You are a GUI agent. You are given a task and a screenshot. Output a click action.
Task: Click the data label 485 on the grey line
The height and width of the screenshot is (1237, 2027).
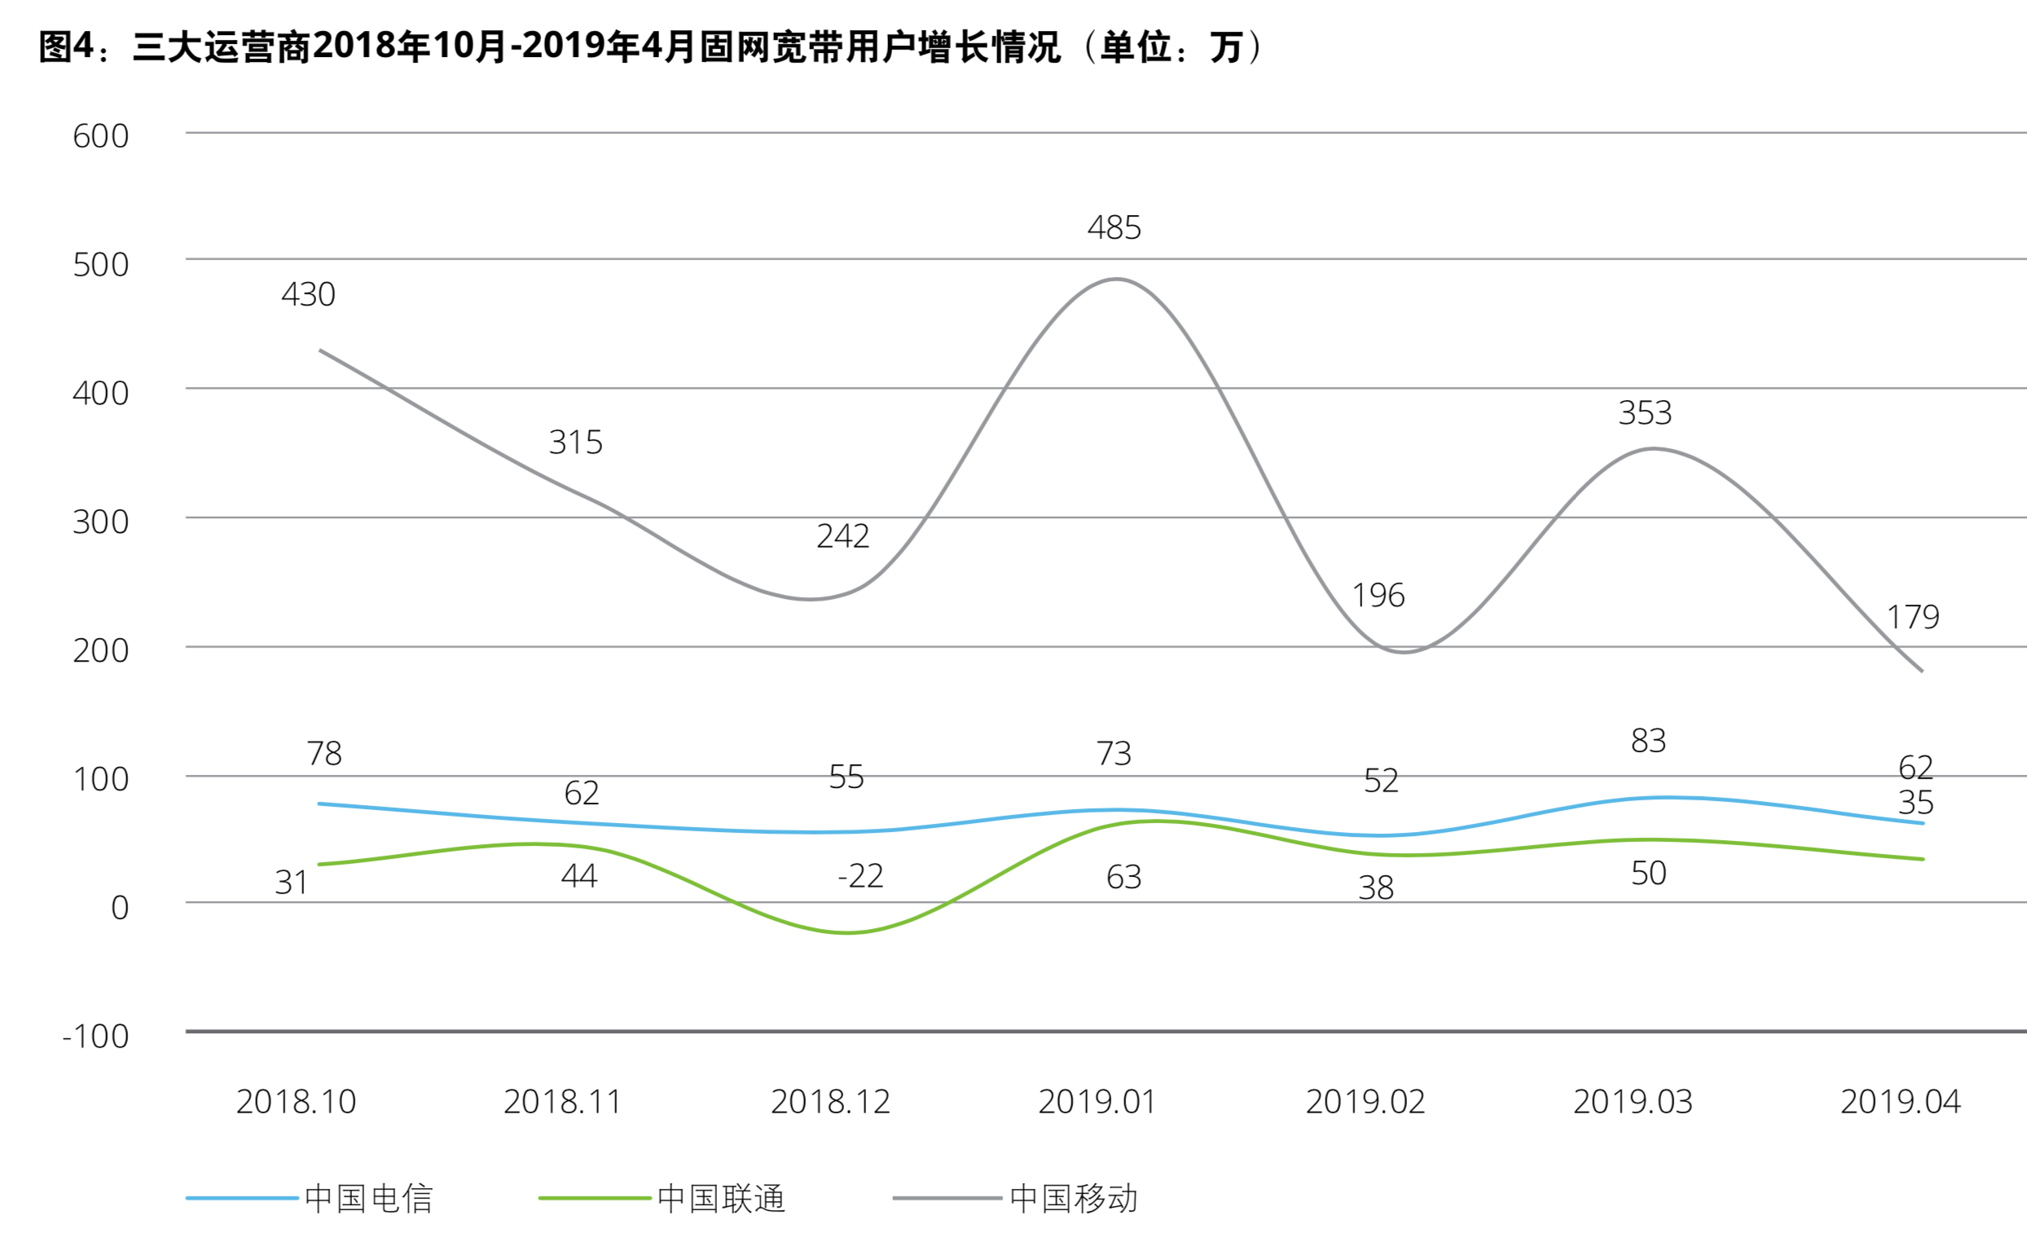point(1114,228)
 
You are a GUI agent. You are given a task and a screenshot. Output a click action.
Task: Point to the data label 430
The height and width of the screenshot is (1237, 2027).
point(309,295)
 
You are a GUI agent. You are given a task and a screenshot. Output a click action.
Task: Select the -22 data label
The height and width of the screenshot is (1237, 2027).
point(860,877)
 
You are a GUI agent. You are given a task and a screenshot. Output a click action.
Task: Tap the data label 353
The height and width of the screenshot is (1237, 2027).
point(1645,413)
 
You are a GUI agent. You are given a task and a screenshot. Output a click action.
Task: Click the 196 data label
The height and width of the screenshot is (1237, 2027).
point(1378,596)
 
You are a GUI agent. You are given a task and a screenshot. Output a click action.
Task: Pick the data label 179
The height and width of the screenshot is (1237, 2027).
point(1914,617)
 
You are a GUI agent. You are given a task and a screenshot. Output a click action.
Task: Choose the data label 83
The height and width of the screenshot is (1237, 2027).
point(1649,742)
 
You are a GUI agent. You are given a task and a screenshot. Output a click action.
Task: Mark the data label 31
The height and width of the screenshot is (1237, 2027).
point(291,883)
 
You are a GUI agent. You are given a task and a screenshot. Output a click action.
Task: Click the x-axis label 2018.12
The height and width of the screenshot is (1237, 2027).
point(830,1102)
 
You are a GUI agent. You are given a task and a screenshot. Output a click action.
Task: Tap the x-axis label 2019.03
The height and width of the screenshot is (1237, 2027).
point(1633,1102)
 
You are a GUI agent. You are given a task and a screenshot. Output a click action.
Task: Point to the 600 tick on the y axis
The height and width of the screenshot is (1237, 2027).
point(100,137)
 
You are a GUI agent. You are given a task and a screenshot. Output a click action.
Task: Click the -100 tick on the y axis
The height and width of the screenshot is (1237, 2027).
point(95,1037)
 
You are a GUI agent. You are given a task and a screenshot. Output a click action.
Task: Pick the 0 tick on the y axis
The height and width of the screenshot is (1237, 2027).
point(120,909)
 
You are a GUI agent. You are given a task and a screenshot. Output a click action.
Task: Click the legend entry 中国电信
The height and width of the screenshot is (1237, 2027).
point(367,1199)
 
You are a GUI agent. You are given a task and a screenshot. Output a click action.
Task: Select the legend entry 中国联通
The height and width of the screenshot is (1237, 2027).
point(721,1199)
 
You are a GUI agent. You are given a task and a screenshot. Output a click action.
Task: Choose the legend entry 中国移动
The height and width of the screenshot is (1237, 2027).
point(1074,1199)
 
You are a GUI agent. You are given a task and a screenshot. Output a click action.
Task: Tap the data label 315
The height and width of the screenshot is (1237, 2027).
point(576,442)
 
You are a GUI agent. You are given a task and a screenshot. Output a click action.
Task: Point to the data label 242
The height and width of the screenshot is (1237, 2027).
point(842,537)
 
